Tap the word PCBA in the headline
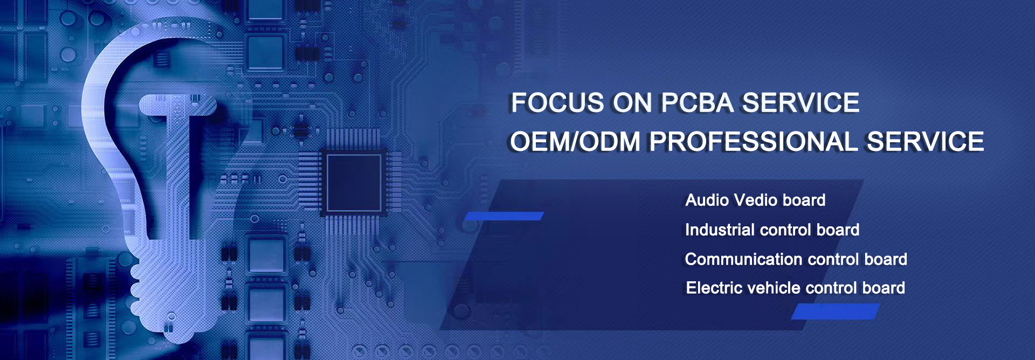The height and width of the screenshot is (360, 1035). pyautogui.click(x=697, y=102)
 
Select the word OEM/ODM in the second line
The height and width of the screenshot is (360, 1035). pyautogui.click(x=575, y=142)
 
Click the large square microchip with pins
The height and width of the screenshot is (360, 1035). pyautogui.click(x=354, y=182)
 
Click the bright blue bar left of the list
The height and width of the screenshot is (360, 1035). pyautogui.click(x=504, y=216)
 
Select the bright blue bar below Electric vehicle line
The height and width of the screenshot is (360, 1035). pyautogui.click(x=835, y=311)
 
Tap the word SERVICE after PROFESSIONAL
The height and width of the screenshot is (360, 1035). pyautogui.click(x=925, y=142)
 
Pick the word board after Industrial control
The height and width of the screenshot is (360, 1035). pyautogui.click(x=838, y=230)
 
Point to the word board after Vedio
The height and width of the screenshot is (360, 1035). pyautogui.click(x=804, y=200)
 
